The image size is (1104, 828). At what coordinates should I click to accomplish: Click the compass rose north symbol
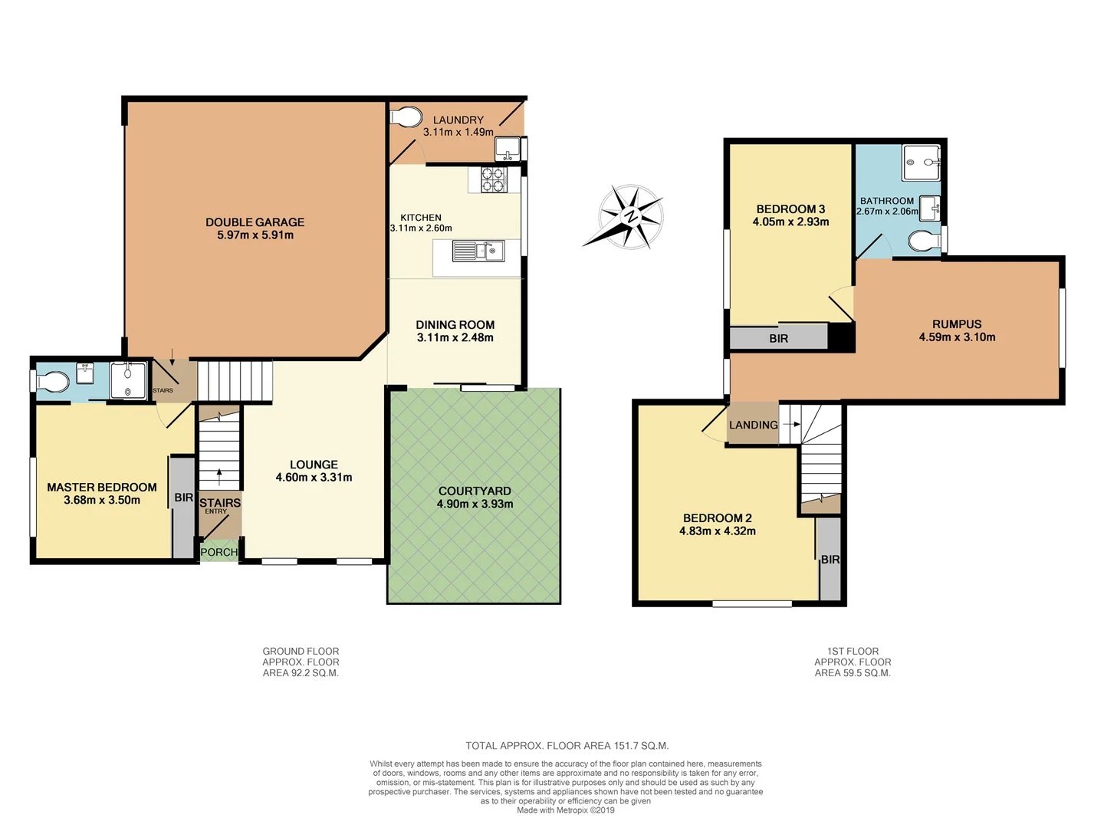[630, 216]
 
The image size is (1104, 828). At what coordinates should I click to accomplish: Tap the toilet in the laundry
[406, 117]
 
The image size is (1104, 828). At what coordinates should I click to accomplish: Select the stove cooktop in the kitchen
[492, 179]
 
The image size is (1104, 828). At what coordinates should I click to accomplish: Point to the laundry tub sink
[508, 146]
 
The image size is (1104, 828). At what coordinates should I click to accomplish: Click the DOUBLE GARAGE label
[255, 222]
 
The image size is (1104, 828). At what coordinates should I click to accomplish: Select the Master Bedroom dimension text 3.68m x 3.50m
[102, 500]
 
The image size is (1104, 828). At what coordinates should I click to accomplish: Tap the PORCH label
[219, 552]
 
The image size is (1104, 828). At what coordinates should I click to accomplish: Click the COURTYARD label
[475, 491]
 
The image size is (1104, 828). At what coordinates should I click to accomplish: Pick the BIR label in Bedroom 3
[778, 338]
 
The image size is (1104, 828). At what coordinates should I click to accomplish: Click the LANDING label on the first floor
[753, 425]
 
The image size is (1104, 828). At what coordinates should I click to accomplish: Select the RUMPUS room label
[957, 324]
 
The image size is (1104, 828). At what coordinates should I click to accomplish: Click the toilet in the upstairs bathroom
[924, 242]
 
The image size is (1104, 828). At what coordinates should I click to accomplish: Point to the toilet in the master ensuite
[54, 381]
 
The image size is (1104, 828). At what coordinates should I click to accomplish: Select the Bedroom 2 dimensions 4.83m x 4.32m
[717, 531]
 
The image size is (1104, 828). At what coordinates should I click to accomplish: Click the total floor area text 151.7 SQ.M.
[567, 745]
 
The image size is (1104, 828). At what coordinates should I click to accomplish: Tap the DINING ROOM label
[455, 325]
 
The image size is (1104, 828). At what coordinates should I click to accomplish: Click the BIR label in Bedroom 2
[830, 560]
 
